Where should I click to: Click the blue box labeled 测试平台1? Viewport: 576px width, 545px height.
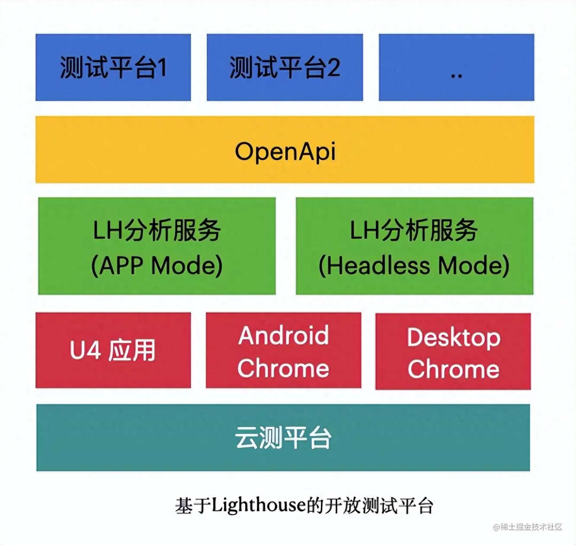[x=113, y=67]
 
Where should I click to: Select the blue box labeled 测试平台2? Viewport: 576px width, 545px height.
[x=285, y=67]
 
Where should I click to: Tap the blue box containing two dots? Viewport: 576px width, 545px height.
[x=456, y=67]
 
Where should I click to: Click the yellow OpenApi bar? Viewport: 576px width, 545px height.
[x=285, y=149]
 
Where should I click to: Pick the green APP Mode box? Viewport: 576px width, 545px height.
[x=157, y=246]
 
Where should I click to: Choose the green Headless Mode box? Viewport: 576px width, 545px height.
[x=414, y=246]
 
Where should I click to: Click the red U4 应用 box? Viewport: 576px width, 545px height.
[x=113, y=350]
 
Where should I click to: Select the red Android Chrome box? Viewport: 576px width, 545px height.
[x=283, y=350]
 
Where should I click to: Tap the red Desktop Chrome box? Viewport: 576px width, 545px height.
[x=453, y=351]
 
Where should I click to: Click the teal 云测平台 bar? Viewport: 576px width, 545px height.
[x=283, y=437]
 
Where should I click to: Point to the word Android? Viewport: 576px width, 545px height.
[x=284, y=335]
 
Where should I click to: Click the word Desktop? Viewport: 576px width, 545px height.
[x=454, y=337]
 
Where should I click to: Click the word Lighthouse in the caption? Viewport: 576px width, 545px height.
[x=259, y=505]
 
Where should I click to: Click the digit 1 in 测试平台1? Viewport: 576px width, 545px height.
[x=162, y=67]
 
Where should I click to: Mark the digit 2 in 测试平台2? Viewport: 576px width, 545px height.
[x=333, y=67]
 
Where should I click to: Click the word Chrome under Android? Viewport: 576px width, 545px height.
[x=283, y=368]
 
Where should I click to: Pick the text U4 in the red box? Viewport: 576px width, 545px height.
[x=85, y=350]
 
